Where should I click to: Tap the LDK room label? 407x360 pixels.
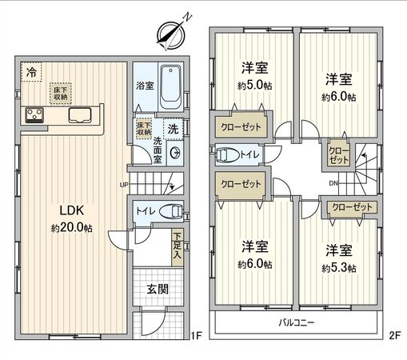(72, 210)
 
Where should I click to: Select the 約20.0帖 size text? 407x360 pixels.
(72, 228)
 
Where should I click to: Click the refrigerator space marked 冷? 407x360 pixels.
(31, 72)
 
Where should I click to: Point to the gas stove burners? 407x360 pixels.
(34, 115)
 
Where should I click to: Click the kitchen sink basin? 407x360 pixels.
(80, 115)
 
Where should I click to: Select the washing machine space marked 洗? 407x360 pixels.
(173, 129)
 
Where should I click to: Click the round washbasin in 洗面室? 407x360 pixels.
(175, 153)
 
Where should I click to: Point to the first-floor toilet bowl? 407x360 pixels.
(171, 211)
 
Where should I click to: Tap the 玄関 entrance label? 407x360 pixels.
(158, 289)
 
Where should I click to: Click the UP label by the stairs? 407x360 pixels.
(124, 185)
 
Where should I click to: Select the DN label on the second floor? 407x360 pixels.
(333, 183)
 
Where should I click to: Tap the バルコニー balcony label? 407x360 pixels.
(297, 323)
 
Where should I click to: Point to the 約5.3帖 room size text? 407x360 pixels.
(339, 268)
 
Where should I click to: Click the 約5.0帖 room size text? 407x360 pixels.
(255, 86)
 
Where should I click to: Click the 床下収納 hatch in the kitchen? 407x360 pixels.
(61, 94)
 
